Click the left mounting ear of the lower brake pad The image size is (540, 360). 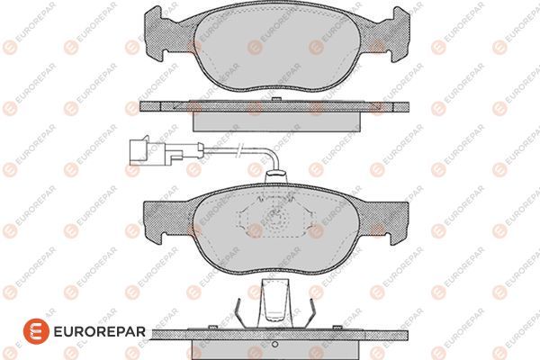[x=157, y=213]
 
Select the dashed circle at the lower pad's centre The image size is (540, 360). [x=274, y=219]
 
